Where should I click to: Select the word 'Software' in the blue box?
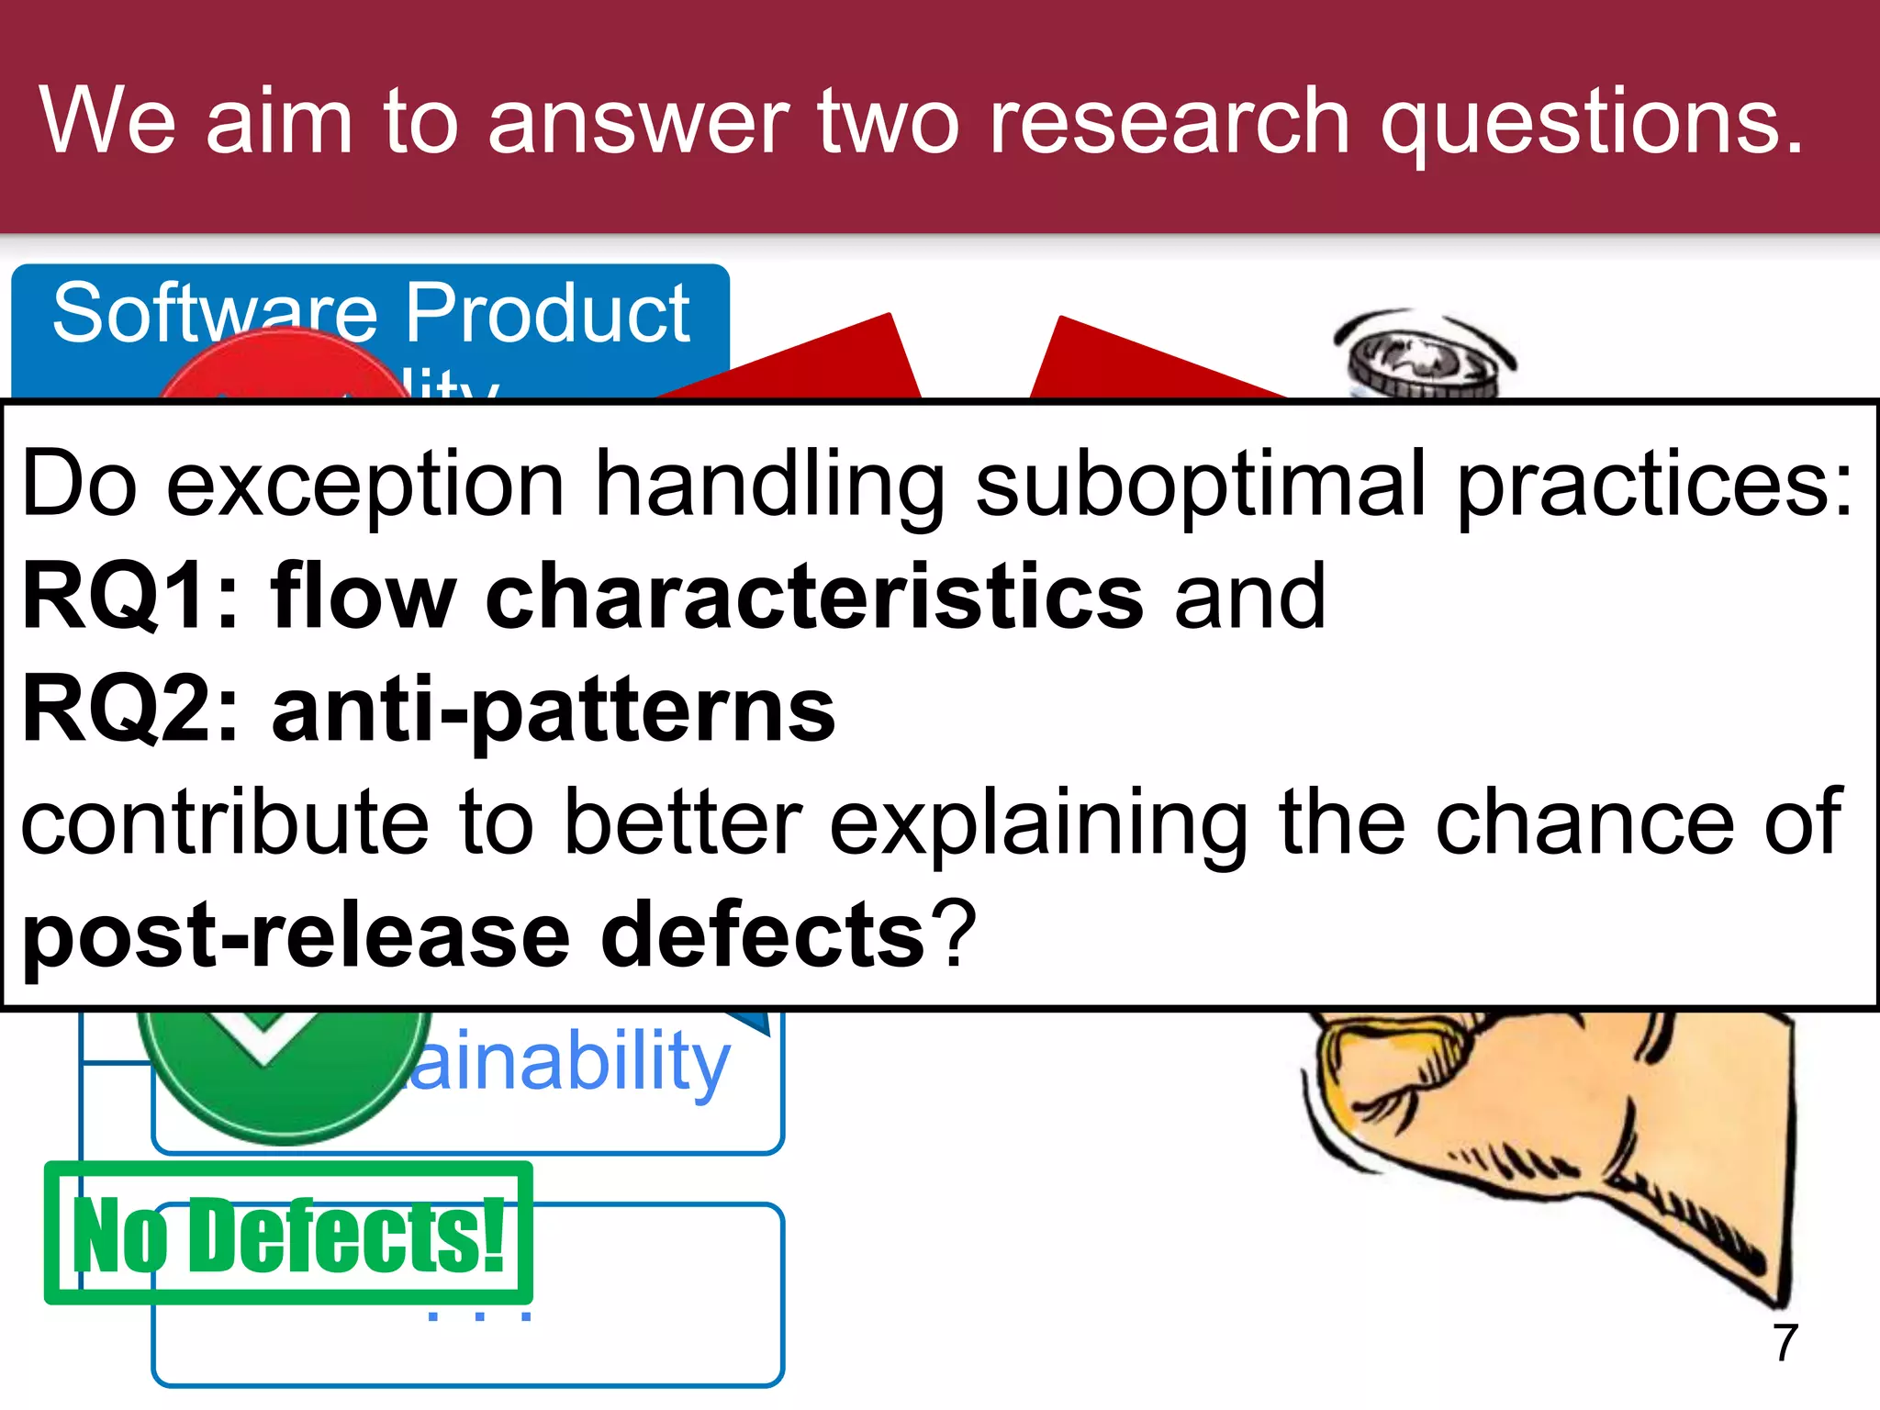[214, 314]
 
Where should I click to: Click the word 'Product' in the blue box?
[547, 314]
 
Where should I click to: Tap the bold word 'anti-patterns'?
[554, 711]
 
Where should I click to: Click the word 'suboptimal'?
[1200, 484]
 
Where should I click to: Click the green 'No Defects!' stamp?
[288, 1233]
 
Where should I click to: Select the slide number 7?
[1785, 1343]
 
